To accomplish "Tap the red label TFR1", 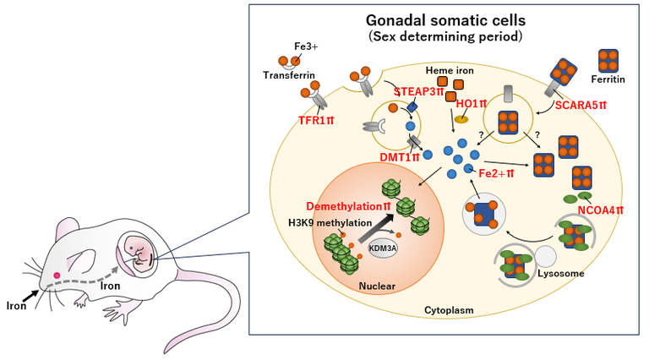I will (292, 121).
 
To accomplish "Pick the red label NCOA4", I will (601, 210).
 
